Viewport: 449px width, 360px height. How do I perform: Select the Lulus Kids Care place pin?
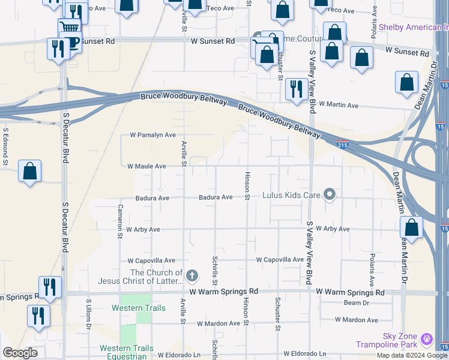pyautogui.click(x=329, y=194)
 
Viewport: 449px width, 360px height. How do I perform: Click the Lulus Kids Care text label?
pyautogui.click(x=292, y=196)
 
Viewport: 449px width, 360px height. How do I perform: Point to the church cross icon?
pyautogui.click(x=191, y=276)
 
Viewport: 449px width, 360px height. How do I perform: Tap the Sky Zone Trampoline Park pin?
pyautogui.click(x=427, y=340)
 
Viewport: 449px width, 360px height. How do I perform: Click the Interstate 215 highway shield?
pyautogui.click(x=342, y=145)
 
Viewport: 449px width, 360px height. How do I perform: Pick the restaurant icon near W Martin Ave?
pyautogui.click(x=296, y=89)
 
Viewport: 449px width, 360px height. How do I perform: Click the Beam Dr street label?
pyautogui.click(x=352, y=304)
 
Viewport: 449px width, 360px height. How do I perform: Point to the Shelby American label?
pyautogui.click(x=413, y=28)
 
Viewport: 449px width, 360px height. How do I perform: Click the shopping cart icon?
pyautogui.click(x=70, y=28)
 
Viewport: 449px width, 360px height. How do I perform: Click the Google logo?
pyautogui.click(x=20, y=353)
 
